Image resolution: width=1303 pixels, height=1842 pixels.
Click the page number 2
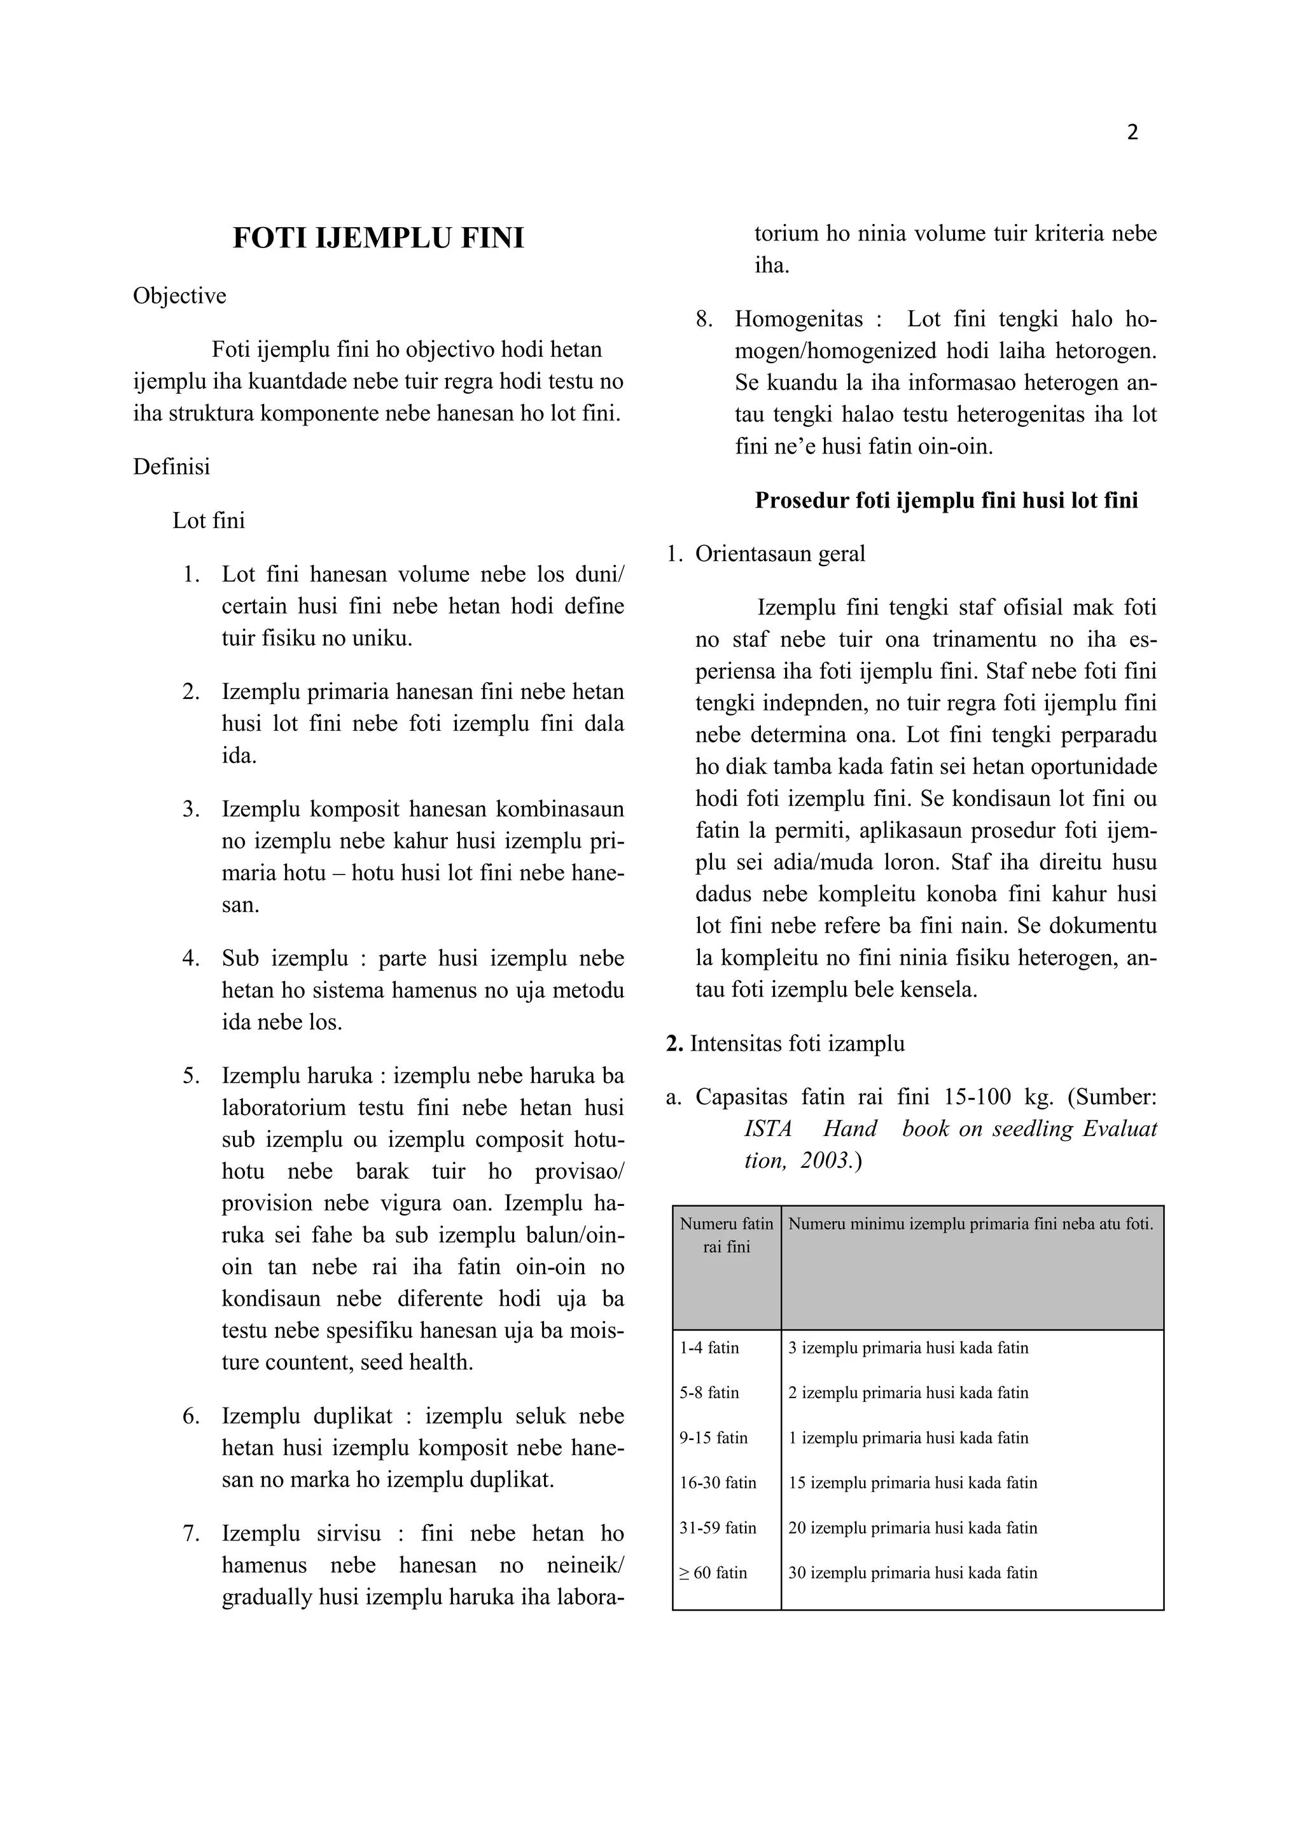[x=1132, y=132]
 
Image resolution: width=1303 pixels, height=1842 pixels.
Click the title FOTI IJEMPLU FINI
[x=378, y=239]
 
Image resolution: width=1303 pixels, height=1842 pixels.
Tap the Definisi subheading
[x=172, y=467]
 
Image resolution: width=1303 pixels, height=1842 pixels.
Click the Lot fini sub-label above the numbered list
[x=209, y=521]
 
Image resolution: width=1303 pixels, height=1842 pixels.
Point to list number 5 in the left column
[x=190, y=1076]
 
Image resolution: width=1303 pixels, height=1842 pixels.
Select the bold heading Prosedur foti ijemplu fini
[x=946, y=501]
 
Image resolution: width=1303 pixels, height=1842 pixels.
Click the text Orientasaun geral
[x=780, y=555]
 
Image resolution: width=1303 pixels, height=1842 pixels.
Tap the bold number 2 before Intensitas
[x=674, y=1044]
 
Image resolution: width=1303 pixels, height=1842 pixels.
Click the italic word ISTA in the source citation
[x=767, y=1129]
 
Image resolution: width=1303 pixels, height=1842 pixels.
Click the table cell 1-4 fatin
[x=709, y=1348]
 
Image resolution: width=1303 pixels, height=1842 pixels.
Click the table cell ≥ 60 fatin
[x=713, y=1572]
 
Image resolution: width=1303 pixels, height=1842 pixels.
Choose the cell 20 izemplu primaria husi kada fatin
[x=912, y=1528]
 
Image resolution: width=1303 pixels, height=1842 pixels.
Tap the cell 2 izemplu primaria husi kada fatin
[x=907, y=1393]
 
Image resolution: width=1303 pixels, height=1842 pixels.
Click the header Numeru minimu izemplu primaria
[x=970, y=1224]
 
